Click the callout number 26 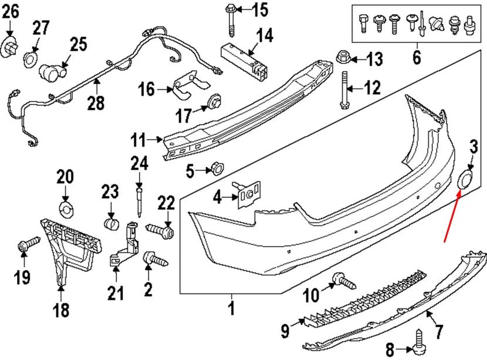(x=11, y=10)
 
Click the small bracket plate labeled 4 (x=249, y=194)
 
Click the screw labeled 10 (x=343, y=281)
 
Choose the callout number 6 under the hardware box (x=417, y=58)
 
